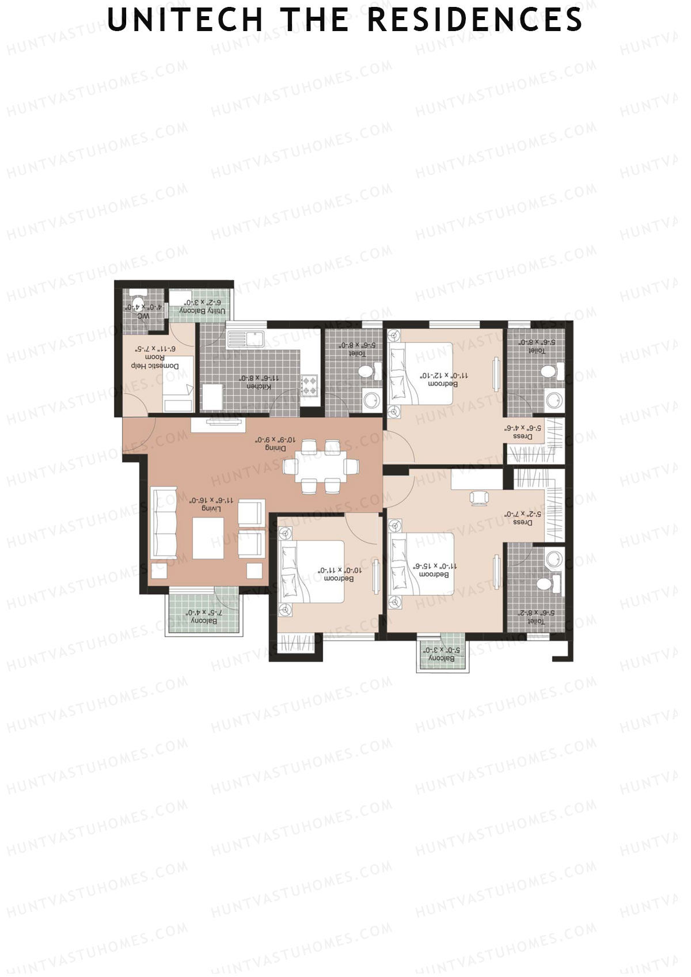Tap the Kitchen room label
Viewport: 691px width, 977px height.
click(x=259, y=382)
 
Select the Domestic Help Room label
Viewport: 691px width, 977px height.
click(x=155, y=357)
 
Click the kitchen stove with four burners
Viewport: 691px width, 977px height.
click(x=309, y=385)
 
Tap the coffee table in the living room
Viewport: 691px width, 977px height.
click(x=208, y=538)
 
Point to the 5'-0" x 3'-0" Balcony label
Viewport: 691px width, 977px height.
click(x=442, y=654)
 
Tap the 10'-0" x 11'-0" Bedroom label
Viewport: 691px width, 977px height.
click(x=339, y=574)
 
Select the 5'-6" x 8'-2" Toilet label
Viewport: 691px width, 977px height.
click(x=535, y=617)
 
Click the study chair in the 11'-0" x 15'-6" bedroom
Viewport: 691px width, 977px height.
click(x=479, y=497)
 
